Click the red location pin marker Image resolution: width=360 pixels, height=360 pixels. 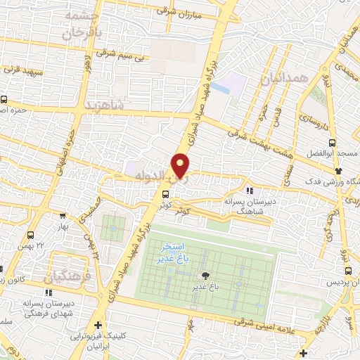coord(181,165)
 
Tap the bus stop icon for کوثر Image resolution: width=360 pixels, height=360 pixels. coord(166,194)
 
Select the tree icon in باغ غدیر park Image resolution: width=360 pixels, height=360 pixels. coord(205,276)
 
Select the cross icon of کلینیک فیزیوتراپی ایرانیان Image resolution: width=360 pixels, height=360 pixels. coord(98,325)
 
